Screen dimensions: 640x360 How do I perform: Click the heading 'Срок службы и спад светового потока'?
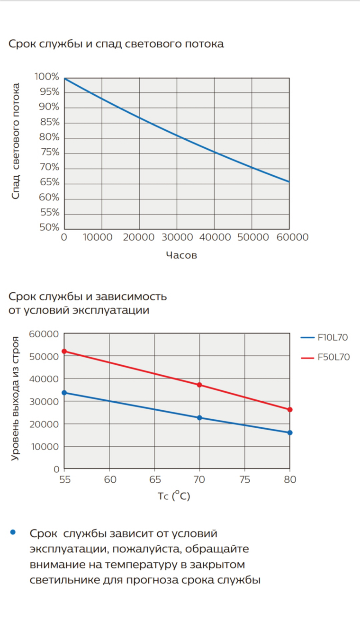tap(116, 44)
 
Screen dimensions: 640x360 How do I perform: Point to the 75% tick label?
tap(49, 152)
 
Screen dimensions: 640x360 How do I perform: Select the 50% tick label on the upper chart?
tap(49, 227)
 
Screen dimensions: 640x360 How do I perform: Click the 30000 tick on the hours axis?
tap(176, 237)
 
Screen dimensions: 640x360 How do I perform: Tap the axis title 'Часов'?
tap(181, 255)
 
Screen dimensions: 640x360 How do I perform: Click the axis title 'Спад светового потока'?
tap(16, 141)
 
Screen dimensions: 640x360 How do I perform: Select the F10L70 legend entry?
tap(324, 338)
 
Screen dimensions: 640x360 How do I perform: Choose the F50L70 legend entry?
tap(325, 357)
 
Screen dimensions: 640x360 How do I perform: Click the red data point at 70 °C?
tap(199, 385)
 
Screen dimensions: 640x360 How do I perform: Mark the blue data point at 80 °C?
tap(290, 433)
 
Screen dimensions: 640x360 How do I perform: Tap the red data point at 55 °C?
tap(64, 351)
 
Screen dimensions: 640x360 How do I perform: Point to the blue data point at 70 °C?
tap(199, 418)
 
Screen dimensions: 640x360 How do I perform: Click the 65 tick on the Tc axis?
tap(155, 479)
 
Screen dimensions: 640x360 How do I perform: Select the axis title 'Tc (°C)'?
tap(174, 496)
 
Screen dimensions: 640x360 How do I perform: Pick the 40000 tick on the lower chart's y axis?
tap(44, 379)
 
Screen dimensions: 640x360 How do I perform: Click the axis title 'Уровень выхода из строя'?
tap(16, 398)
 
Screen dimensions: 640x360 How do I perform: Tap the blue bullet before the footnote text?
tap(13, 532)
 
